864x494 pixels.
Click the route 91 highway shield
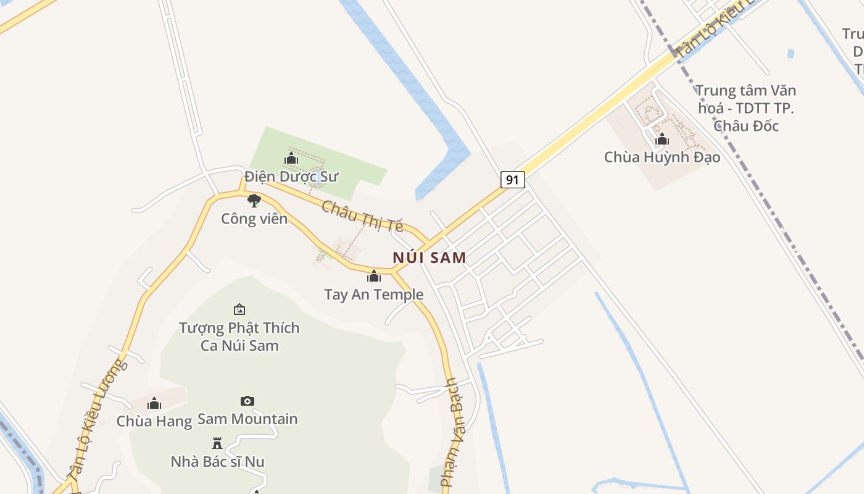pyautogui.click(x=512, y=180)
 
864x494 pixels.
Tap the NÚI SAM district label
pyautogui.click(x=430, y=257)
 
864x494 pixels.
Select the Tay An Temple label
pyautogui.click(x=374, y=295)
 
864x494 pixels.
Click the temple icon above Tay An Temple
pyautogui.click(x=374, y=276)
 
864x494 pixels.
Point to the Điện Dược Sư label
pyautogui.click(x=291, y=177)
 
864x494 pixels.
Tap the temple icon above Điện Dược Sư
pyautogui.click(x=291, y=159)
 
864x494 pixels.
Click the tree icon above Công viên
pyautogui.click(x=254, y=200)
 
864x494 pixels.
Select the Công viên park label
pyautogui.click(x=254, y=219)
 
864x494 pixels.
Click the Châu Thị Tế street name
pyautogui.click(x=362, y=216)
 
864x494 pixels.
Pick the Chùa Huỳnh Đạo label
pyautogui.click(x=662, y=157)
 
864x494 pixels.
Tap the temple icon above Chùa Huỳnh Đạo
pyautogui.click(x=662, y=139)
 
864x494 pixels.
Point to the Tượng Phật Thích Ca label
pyautogui.click(x=239, y=337)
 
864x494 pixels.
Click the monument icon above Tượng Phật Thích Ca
pyautogui.click(x=239, y=309)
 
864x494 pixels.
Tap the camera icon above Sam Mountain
pyautogui.click(x=247, y=401)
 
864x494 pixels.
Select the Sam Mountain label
pyautogui.click(x=247, y=419)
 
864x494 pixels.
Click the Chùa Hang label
pyautogui.click(x=154, y=422)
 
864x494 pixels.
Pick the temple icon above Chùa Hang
pyautogui.click(x=154, y=404)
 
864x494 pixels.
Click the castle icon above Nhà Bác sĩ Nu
pyautogui.click(x=217, y=443)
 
